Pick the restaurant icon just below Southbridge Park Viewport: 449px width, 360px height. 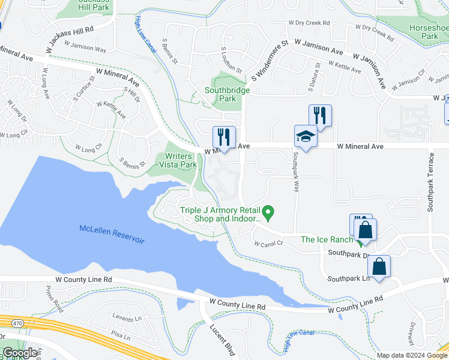pos(224,137)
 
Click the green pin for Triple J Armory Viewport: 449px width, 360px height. pos(270,211)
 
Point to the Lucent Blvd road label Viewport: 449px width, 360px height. pos(221,340)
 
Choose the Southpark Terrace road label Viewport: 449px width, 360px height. pos(430,182)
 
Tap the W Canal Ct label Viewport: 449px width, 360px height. pos(268,244)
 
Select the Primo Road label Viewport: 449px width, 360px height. pos(54,296)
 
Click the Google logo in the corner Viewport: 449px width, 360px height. pos(20,353)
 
